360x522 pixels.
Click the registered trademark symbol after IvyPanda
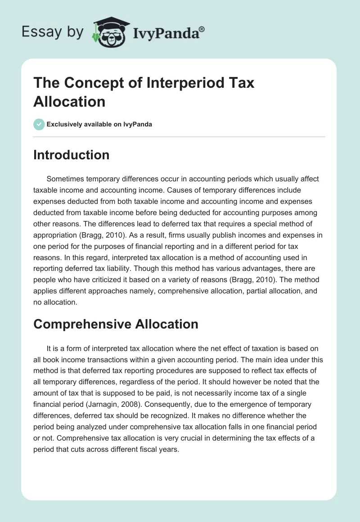[202, 28]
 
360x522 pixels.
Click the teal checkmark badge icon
[39, 124]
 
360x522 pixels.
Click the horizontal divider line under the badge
[180, 136]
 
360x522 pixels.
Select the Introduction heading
[72, 155]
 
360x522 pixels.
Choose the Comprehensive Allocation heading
[116, 324]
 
